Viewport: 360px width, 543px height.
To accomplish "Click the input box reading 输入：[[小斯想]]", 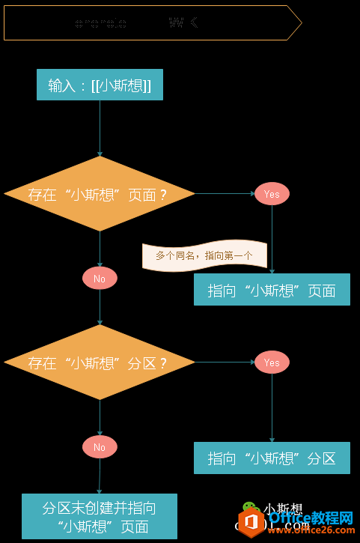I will click(100, 85).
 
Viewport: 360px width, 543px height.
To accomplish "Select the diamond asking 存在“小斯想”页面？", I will click(100, 194).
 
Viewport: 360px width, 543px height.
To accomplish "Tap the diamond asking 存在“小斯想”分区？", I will click(100, 362).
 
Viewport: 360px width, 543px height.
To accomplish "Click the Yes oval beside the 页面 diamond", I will click(272, 194).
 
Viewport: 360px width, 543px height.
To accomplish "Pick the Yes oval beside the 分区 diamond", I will click(272, 362).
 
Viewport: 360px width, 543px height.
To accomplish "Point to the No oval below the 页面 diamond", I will click(100, 279).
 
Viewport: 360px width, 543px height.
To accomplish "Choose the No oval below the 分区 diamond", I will click(100, 447).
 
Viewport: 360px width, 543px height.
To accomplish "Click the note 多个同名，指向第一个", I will click(204, 255).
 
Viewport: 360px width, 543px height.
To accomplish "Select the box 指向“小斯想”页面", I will click(272, 290).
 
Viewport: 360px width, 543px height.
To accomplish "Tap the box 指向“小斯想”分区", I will click(272, 458).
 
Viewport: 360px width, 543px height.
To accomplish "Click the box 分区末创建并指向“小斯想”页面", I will click(100, 517).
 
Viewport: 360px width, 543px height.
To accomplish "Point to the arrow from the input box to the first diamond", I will click(100, 127).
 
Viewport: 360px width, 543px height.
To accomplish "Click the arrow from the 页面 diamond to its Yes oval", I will click(225, 194).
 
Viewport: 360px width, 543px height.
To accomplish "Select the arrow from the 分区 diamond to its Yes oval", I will click(225, 362).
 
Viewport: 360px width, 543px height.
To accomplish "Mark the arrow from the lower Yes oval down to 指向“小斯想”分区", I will click(272, 408).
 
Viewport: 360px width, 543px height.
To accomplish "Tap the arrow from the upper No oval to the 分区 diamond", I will click(100, 307).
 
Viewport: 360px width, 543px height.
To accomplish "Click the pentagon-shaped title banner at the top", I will click(153, 23).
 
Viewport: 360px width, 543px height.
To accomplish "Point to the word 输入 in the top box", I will click(62, 85).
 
